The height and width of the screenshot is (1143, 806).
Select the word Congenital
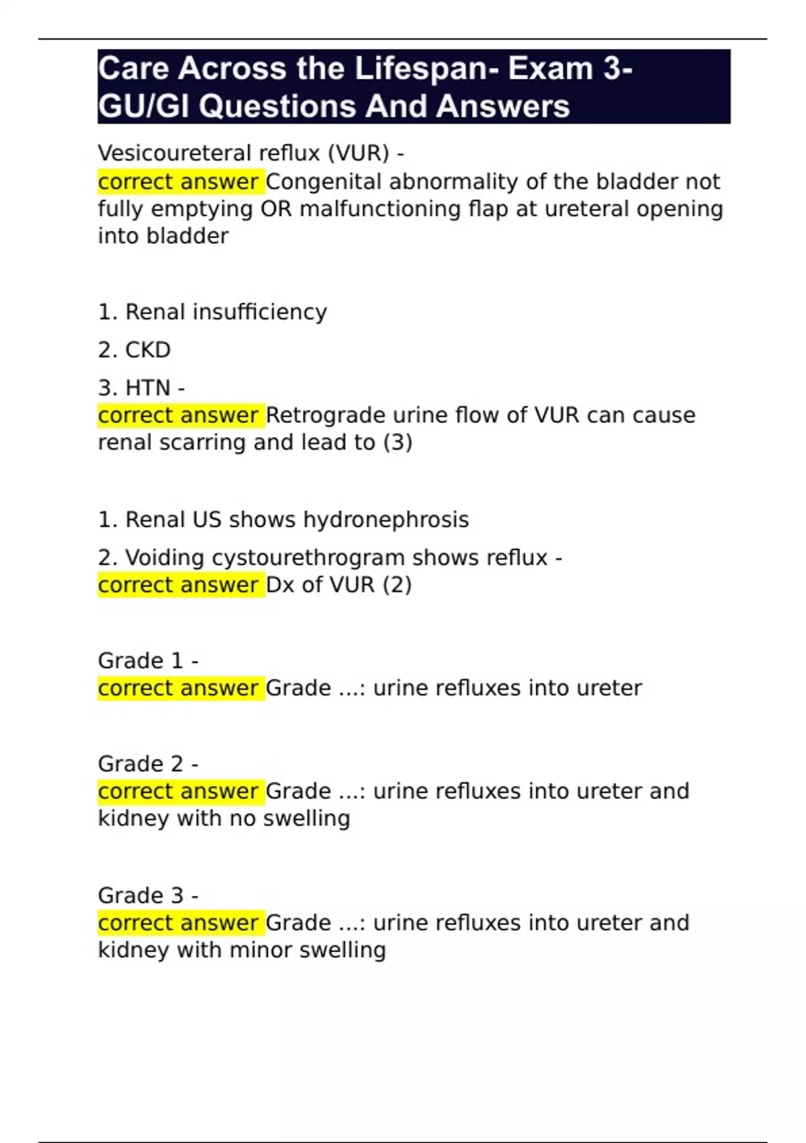(x=325, y=182)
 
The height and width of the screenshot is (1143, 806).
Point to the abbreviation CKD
(x=148, y=350)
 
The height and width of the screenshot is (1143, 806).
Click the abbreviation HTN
(x=148, y=388)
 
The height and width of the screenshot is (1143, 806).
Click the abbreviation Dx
(x=280, y=585)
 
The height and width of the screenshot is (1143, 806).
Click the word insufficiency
(x=260, y=312)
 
